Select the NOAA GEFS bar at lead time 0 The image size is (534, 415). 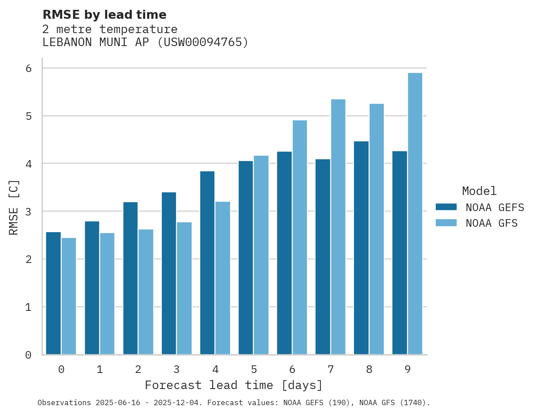coord(53,293)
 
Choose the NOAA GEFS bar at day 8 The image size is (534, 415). coord(361,248)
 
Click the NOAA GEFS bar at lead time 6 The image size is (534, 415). coord(284,253)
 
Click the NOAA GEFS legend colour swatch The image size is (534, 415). coord(446,207)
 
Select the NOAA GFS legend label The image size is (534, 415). coord(491,223)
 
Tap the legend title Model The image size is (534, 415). coord(479,191)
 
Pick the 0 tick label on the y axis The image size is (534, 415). coord(28,355)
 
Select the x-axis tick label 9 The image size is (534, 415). coord(408,369)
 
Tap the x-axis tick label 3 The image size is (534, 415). coord(177,369)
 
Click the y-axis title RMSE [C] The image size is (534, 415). coord(14,207)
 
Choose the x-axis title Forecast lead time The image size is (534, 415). coord(233,385)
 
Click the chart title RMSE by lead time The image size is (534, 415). coord(104,15)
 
